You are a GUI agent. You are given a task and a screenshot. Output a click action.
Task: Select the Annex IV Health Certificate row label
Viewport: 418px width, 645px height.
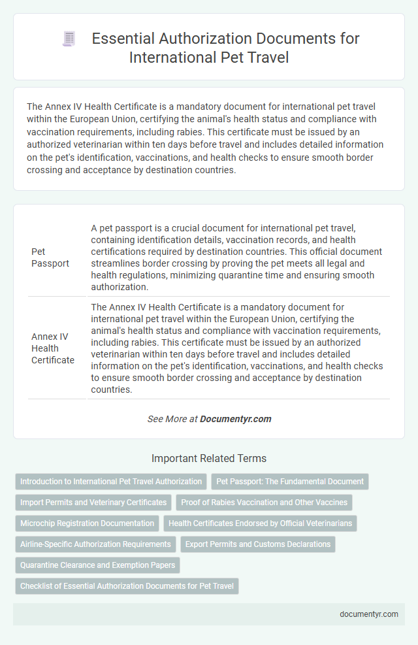53,348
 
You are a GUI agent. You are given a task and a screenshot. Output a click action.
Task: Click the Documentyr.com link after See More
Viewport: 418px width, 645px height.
236,419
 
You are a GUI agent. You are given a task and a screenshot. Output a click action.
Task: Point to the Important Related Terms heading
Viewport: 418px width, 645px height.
208,458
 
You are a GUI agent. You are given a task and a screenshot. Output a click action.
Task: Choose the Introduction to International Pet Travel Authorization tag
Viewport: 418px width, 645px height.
111,482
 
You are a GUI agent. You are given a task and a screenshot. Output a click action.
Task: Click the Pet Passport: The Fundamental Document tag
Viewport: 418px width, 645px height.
290,482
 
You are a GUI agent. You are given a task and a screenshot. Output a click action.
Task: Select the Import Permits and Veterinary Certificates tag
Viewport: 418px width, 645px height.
93,503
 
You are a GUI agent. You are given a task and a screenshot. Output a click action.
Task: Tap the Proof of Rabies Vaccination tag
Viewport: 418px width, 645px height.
265,503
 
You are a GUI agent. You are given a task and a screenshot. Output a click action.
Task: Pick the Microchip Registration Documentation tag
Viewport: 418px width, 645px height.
88,523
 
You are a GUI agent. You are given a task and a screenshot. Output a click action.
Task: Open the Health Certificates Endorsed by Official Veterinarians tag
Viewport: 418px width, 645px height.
259,523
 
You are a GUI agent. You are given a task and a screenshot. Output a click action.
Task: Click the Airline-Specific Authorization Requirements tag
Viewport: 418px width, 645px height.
95,544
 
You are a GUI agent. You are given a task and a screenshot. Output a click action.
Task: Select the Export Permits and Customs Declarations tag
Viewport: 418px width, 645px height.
257,544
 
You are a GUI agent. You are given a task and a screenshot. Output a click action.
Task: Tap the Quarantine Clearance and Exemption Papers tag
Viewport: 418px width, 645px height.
97,565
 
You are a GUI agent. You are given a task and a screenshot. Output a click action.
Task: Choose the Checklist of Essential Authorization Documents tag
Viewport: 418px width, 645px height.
127,586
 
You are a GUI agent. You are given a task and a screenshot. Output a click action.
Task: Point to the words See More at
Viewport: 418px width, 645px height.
172,419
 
